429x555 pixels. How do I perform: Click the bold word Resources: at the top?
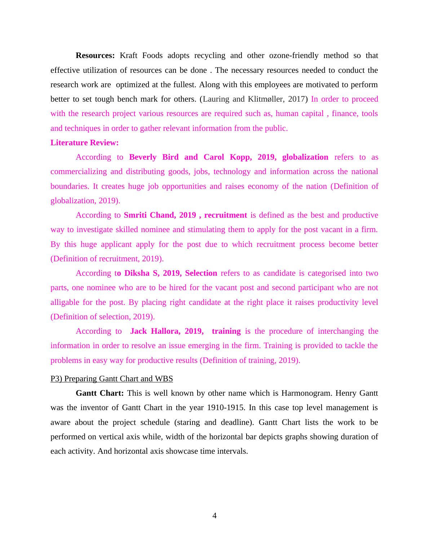click(95, 55)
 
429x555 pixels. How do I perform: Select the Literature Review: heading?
click(84, 143)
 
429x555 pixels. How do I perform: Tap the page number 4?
click(214, 516)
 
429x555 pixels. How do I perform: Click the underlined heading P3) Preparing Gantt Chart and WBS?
click(112, 379)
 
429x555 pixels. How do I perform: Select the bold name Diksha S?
click(142, 273)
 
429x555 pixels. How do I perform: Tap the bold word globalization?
click(305, 157)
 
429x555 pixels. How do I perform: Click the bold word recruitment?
click(225, 215)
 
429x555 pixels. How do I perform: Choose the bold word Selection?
click(201, 273)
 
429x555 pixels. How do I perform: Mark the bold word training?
click(226, 331)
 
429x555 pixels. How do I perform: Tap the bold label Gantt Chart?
click(100, 393)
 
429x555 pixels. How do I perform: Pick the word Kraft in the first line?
click(128, 55)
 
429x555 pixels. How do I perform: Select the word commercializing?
click(79, 172)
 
